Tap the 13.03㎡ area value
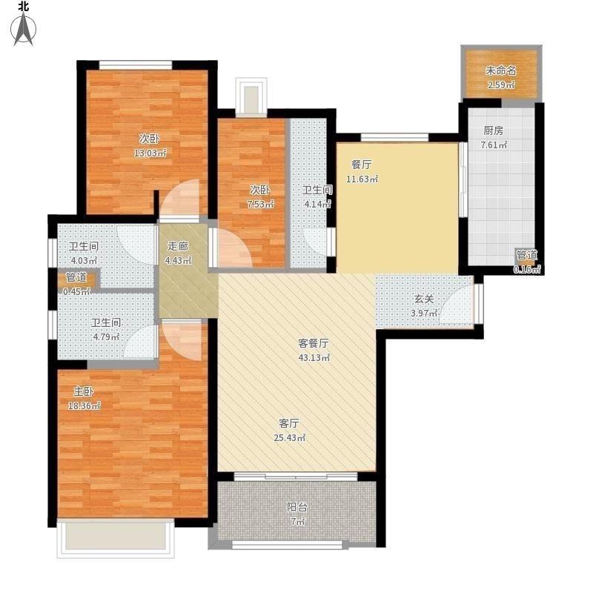coord(150,153)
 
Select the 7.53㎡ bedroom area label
coord(260,205)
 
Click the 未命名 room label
coord(501,70)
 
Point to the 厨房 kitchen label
coord(494,131)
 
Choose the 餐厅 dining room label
coord(362,165)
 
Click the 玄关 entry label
coord(424,299)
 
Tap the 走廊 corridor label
coord(178,246)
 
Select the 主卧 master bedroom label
coord(84,391)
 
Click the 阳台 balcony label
coord(297,507)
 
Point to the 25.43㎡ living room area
coord(289,438)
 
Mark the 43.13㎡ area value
coord(314,357)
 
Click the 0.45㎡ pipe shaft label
coord(76,291)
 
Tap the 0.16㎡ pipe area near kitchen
coord(527,269)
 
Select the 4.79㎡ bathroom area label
coord(106,337)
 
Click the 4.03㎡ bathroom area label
coord(84,261)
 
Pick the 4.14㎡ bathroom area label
coord(318,205)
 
